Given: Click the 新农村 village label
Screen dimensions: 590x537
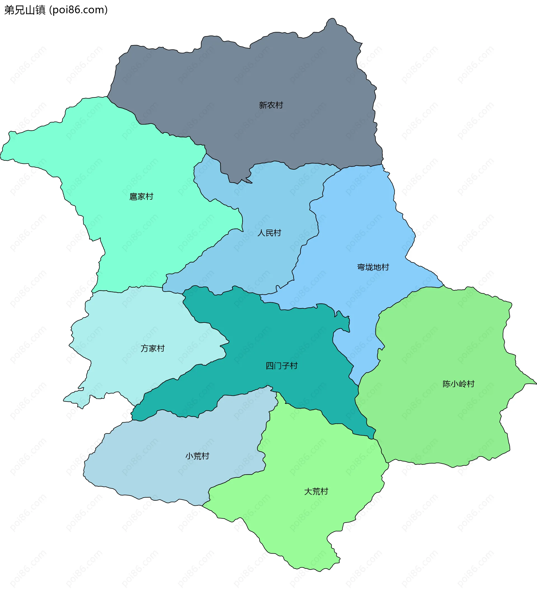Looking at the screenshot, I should pos(271,105).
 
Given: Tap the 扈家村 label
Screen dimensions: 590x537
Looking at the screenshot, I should pos(141,196).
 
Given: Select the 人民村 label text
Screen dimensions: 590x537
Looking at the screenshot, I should pos(269,233).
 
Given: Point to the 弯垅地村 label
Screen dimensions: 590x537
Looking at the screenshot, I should pos(373,267).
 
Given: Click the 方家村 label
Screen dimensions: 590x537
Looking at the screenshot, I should pos(152,348).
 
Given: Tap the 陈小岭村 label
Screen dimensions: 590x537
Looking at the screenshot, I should pos(458,384).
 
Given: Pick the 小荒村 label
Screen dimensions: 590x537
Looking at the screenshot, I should pos(197,456).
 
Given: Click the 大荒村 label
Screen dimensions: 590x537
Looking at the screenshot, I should pos(316,491).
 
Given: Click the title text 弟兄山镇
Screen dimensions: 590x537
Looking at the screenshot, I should pos(25,10).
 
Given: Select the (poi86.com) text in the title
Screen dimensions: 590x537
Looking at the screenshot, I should pos(78,10).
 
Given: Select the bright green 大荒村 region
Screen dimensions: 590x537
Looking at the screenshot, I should pos(307,527).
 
